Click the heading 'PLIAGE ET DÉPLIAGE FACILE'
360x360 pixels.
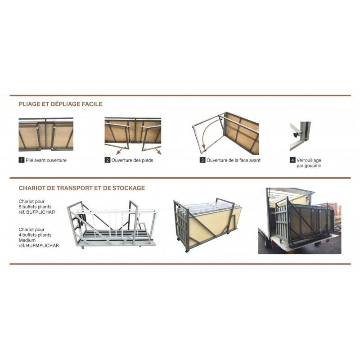(61, 104)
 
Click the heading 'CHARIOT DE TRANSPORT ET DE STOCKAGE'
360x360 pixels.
(82, 188)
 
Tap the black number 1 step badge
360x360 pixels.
(21, 160)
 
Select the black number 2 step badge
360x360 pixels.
(107, 160)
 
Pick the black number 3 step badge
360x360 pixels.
(202, 160)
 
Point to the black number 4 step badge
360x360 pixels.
(292, 160)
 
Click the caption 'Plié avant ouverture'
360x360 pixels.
(46, 160)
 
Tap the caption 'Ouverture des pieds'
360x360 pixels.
(132, 160)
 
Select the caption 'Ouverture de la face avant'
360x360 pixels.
(234, 160)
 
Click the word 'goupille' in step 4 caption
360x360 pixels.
(312, 166)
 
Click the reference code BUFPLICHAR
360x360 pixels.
(40, 212)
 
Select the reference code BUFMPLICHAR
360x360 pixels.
(42, 246)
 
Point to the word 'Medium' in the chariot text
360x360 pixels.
(27, 240)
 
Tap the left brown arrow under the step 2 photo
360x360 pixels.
(119, 152)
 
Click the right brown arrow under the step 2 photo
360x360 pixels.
(158, 151)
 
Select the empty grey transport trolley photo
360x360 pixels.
(112, 224)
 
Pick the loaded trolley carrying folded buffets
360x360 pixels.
(207, 225)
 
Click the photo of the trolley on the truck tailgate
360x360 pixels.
(300, 221)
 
